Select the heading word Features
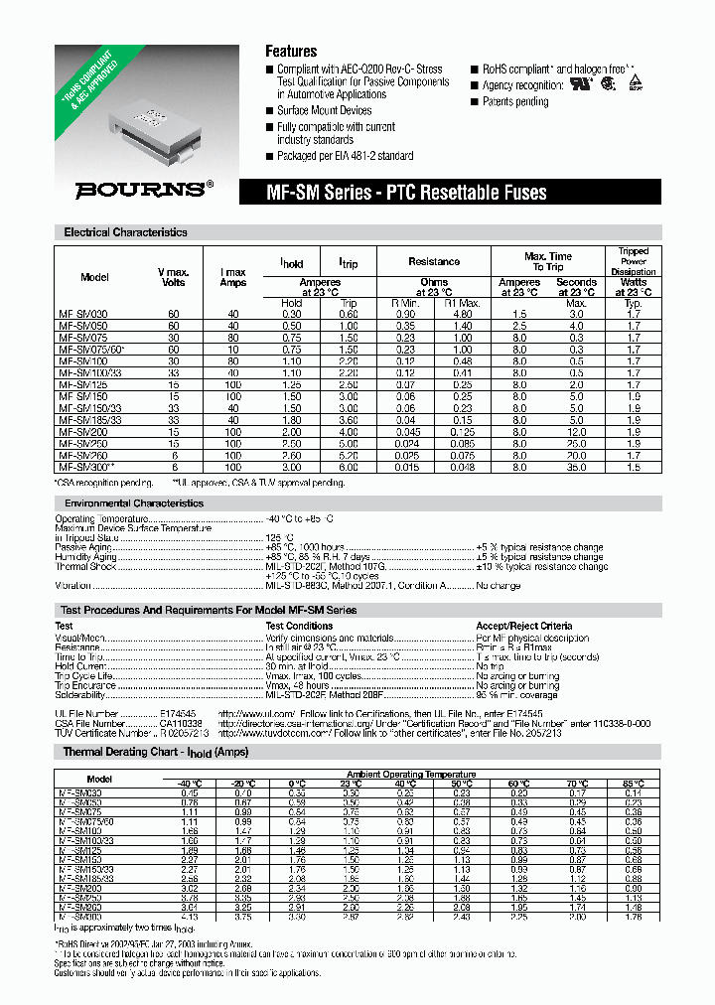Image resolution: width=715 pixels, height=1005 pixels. pos(291,51)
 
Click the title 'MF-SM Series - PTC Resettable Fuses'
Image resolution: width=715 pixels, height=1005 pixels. pos(408,193)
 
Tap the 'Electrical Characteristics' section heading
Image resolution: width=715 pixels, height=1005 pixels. pos(125,232)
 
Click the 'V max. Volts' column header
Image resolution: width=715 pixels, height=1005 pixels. pos(174,277)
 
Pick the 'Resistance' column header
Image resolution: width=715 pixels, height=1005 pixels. pos(434,261)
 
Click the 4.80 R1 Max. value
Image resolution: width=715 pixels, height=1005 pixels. pos(464,313)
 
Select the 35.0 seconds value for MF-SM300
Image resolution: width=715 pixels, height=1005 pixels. pos(576,466)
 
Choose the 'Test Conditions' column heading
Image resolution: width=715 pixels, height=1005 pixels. pos(299,626)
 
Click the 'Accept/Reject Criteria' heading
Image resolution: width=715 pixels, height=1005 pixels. pos(523,626)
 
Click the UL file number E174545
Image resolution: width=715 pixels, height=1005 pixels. pos(181,714)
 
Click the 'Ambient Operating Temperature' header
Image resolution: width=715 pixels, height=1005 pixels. pos(410,774)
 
